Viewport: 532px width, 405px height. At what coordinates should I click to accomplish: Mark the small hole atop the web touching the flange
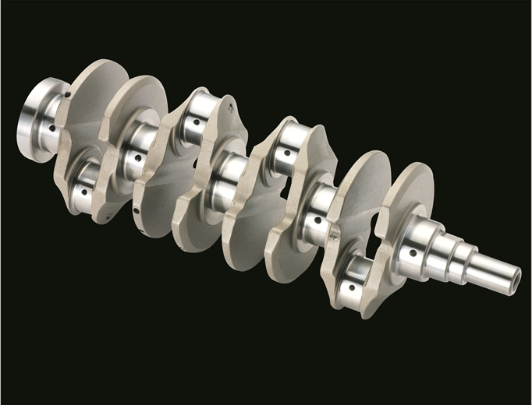point(68,95)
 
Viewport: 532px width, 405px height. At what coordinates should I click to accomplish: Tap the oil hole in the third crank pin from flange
point(287,153)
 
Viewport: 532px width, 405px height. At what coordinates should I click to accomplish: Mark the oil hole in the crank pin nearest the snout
point(352,287)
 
